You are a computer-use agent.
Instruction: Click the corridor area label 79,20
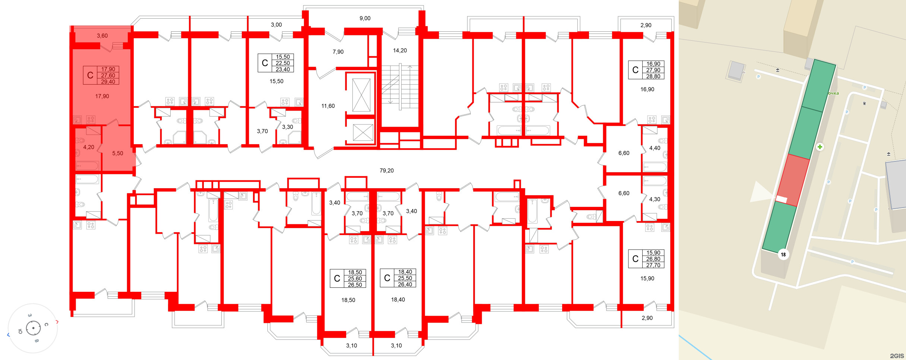click(386, 171)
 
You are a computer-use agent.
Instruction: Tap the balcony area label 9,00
click(365, 18)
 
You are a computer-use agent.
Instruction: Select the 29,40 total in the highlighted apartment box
click(108, 82)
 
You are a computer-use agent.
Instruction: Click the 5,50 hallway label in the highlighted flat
click(118, 153)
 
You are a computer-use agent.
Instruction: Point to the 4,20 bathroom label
click(89, 147)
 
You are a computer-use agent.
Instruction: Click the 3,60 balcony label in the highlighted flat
click(102, 36)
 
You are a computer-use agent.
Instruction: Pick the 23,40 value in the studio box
click(283, 69)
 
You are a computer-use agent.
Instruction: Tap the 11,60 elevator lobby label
click(328, 106)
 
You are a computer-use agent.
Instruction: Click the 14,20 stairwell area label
click(400, 50)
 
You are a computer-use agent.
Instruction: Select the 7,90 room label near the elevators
click(338, 52)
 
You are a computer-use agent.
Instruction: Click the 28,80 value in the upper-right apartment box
click(653, 76)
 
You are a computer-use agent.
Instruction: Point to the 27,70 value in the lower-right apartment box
click(653, 265)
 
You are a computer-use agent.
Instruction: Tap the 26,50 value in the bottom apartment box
click(355, 285)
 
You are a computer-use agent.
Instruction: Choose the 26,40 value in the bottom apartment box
click(405, 284)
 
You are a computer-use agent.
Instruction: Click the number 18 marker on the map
click(783, 255)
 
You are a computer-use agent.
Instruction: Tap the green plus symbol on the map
click(820, 147)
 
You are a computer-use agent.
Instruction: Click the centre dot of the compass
click(34, 328)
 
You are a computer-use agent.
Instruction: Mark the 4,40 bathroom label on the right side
click(655, 148)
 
